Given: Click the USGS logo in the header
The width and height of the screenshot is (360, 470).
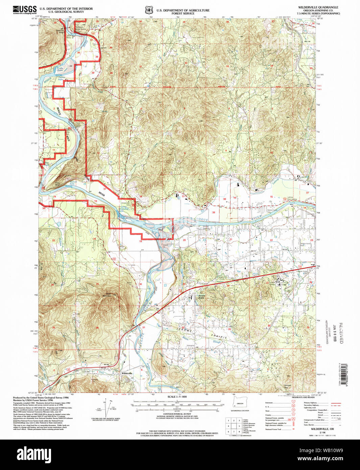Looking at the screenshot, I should (24, 9).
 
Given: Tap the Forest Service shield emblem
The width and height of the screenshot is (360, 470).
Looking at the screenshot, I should (149, 10).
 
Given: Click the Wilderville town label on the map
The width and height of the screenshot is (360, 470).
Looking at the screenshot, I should (127, 373).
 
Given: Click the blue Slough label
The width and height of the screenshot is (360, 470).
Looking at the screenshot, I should (217, 342).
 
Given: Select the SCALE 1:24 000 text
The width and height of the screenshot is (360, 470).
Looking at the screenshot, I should (177, 397).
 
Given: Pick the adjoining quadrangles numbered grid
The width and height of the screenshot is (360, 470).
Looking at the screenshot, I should (234, 426).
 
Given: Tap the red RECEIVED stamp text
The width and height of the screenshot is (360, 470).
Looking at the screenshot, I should (341, 333).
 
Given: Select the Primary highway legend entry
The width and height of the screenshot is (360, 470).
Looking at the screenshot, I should (310, 403).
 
